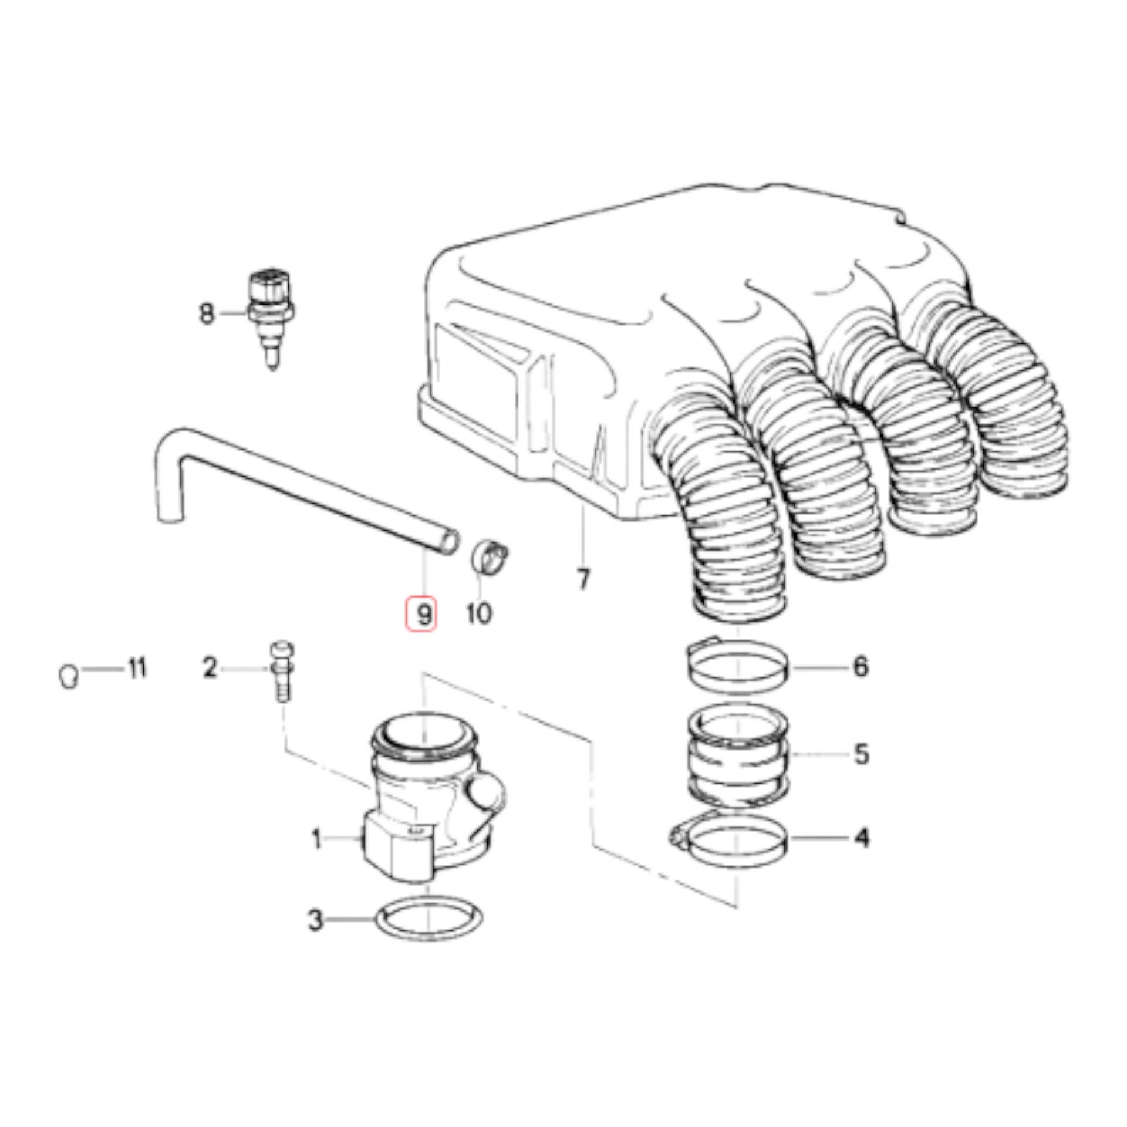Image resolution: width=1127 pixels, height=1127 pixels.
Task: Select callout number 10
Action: click(x=479, y=614)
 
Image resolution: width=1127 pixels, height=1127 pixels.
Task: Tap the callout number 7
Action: click(x=583, y=579)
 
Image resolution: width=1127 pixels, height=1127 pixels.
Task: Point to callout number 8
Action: click(x=207, y=313)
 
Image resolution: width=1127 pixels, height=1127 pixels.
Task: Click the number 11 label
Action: click(x=137, y=668)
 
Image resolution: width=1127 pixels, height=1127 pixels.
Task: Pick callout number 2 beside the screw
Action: click(x=210, y=668)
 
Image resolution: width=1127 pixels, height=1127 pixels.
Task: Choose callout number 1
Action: click(x=317, y=839)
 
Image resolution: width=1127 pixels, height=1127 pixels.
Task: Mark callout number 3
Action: click(x=316, y=920)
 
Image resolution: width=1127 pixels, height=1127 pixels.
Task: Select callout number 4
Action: click(x=861, y=838)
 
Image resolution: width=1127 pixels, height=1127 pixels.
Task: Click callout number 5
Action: click(x=861, y=754)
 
